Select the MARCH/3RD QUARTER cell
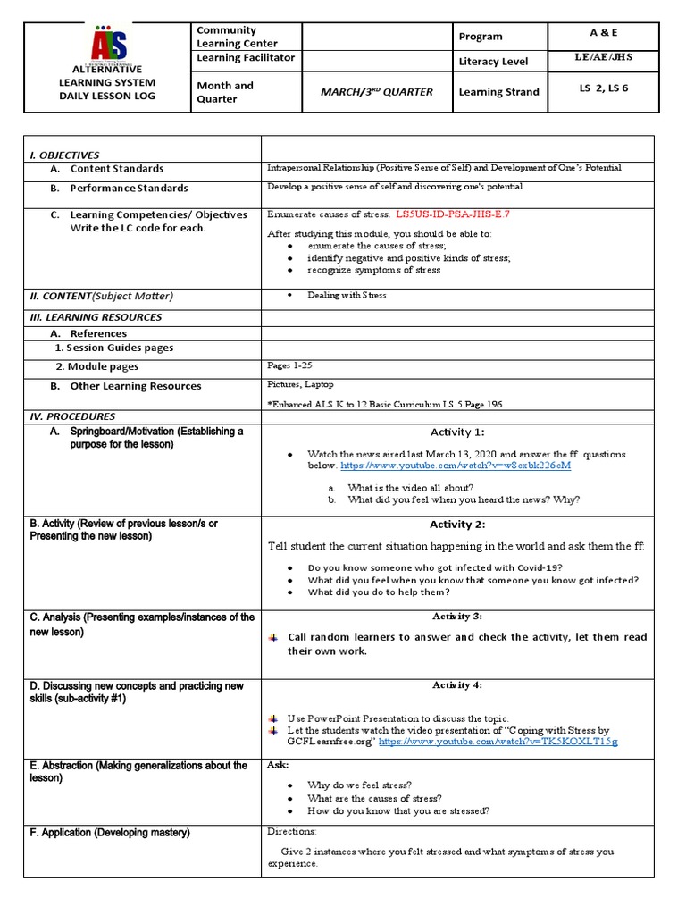pos(376,92)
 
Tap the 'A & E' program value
pos(605,33)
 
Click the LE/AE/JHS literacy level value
pos(605,58)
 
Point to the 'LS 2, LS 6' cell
pos(605,88)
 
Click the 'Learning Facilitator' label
pos(245,58)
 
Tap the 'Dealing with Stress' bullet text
pos(347,295)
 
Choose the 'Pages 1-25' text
pos(290,365)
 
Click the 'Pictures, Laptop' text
pos(300,383)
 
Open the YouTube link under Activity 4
pos(498,742)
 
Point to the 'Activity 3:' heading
pos(456,617)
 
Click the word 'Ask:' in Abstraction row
pos(277,766)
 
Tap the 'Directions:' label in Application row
pos(292,831)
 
